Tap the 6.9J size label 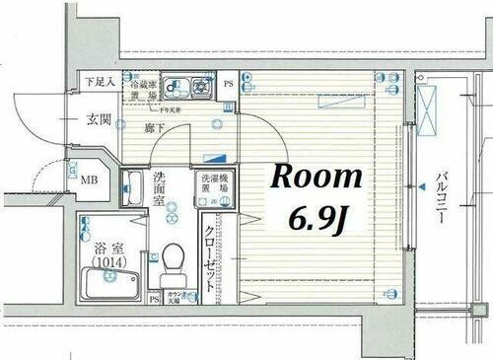(315, 217)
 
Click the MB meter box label (89, 180)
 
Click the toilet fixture (175, 260)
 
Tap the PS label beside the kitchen (229, 83)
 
